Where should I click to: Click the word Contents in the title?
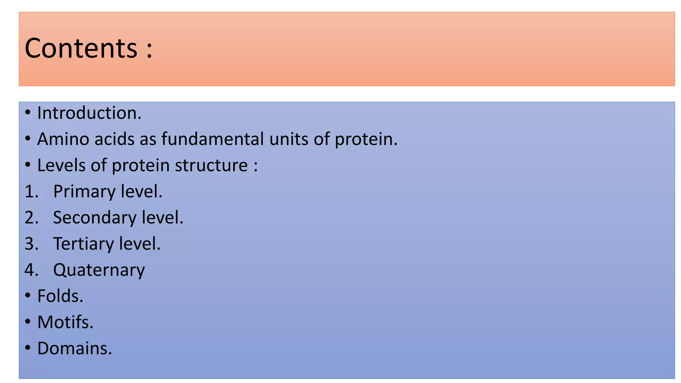click(81, 48)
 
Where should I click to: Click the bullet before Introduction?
click(28, 113)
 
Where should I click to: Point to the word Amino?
click(63, 139)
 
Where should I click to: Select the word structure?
click(211, 165)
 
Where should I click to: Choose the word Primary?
click(84, 192)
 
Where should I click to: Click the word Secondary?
click(95, 218)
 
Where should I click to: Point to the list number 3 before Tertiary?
click(31, 244)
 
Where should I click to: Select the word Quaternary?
click(99, 270)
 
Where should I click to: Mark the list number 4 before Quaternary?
click(31, 270)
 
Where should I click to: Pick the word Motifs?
click(65, 322)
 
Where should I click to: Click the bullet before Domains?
click(28, 348)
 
